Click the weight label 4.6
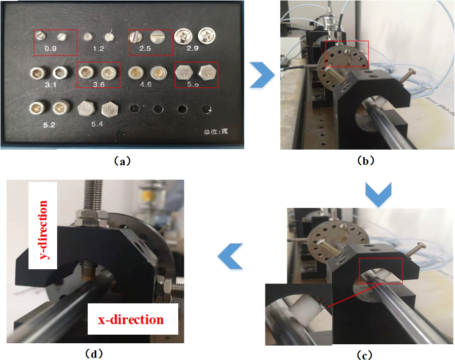[145, 85]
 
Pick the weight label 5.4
[98, 123]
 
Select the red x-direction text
[131, 320]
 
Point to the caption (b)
[365, 161]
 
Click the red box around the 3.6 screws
[98, 76]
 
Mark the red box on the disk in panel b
[347, 54]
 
